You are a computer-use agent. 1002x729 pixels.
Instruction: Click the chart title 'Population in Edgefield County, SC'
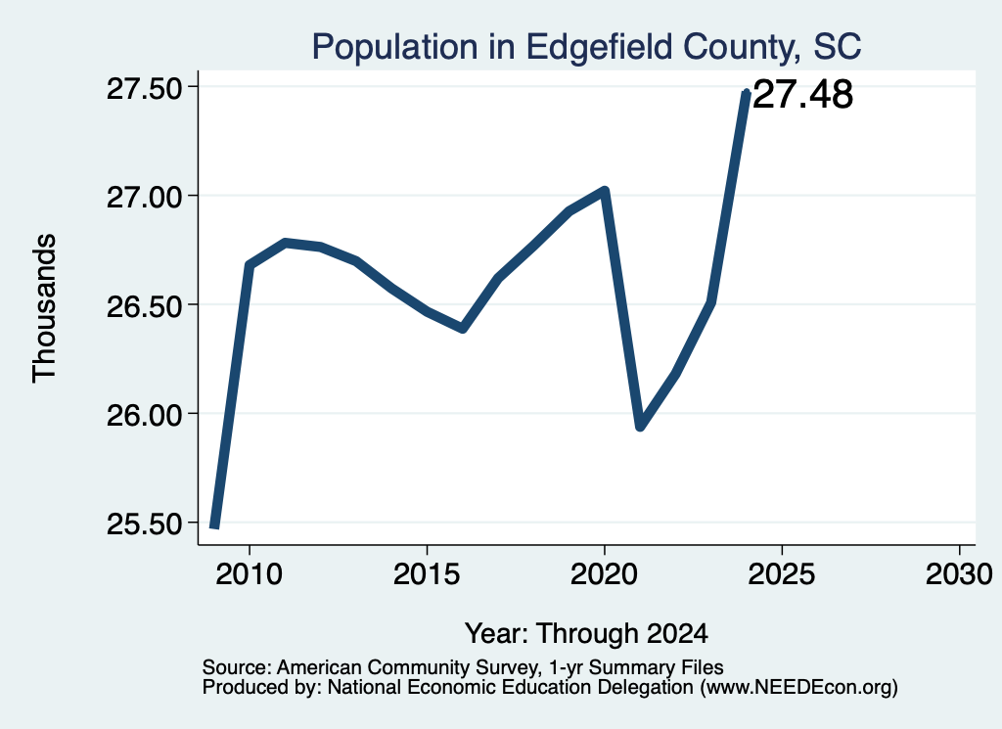[587, 47]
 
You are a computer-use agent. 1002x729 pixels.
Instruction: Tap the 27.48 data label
[802, 95]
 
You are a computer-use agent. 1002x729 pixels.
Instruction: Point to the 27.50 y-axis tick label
[145, 89]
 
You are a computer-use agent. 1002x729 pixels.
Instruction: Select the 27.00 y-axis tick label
[145, 198]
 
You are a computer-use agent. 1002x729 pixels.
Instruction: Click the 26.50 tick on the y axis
[145, 306]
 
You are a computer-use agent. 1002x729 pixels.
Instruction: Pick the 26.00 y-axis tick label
[145, 415]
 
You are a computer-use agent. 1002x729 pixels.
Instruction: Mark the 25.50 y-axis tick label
[145, 524]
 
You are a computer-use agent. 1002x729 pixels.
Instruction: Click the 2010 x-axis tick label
[249, 574]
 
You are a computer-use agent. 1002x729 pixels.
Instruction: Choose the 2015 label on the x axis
[427, 574]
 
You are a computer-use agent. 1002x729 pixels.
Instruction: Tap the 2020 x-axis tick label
[604, 574]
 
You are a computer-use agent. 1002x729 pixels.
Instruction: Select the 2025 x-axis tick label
[782, 574]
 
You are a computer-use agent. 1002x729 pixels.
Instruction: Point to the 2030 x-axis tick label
[959, 574]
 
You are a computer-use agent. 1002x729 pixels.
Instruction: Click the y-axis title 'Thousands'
[44, 308]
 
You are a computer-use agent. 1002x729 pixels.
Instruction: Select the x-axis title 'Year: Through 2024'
[587, 634]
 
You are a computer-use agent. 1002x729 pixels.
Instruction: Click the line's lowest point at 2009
[214, 525]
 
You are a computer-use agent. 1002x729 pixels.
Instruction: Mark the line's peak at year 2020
[605, 191]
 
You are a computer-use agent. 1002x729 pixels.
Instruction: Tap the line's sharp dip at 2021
[640, 427]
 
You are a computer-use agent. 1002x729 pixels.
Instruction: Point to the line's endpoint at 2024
[746, 93]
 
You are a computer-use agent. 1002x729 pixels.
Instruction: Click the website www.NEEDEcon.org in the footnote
[798, 688]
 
